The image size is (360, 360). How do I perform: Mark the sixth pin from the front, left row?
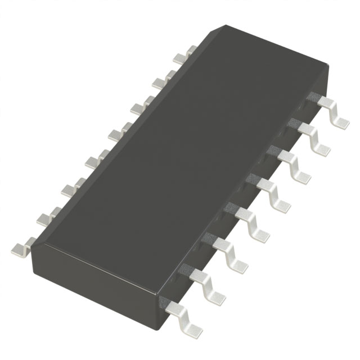tap(138, 106)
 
